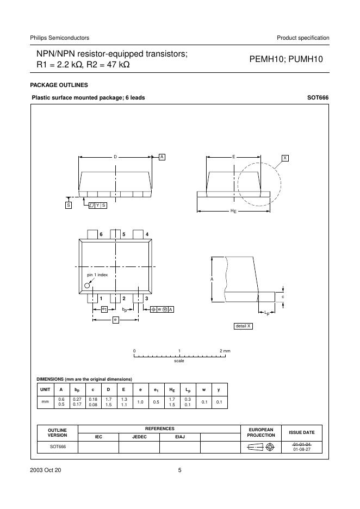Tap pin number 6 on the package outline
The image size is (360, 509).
pos(101,234)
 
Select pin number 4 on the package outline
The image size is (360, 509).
pos(147,234)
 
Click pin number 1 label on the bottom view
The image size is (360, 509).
pos(101,299)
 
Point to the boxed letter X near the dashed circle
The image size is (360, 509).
pos(285,158)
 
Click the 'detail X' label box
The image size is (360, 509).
pos(243,326)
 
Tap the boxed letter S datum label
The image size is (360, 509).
pos(69,205)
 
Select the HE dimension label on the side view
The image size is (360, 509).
pos(233,210)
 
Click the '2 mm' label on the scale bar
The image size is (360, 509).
pos(225,351)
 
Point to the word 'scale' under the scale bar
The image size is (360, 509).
pos(179,361)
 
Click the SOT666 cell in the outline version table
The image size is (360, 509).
pos(57,447)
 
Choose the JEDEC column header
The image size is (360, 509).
pos(139,437)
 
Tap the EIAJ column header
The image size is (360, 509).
pos(179,437)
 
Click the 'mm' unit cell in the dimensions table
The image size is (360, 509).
pos(45,402)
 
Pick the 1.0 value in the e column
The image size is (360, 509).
pos(140,402)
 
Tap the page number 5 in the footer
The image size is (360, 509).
pos(179,470)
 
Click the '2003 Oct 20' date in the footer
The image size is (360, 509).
pos(46,470)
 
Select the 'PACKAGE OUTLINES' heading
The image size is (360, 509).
pos(59,85)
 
